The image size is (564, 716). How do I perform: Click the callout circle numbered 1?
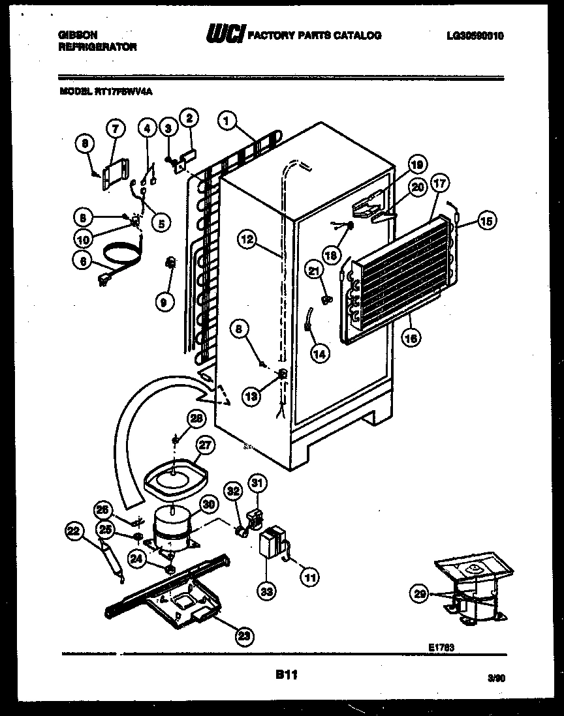tap(227, 120)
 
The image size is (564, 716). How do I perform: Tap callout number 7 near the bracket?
tap(115, 129)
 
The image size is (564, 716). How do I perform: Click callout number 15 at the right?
tap(485, 220)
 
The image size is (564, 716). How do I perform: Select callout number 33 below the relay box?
tap(267, 591)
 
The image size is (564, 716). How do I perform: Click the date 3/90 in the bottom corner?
tap(497, 678)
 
